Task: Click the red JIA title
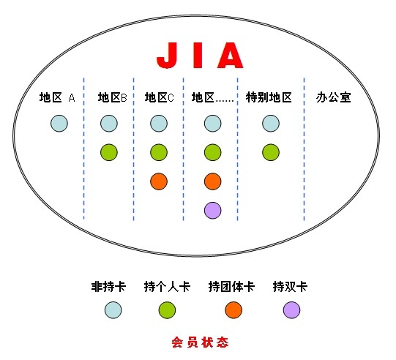pos(200,56)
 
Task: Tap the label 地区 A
pos(57,97)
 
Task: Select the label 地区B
pos(113,97)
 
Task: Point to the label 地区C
pos(160,97)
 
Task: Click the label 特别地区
pos(269,97)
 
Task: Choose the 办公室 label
pos(333,97)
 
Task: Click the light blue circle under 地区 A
pos(59,124)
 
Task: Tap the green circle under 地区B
pos(109,152)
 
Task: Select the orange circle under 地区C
pos(159,181)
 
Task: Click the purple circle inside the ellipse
pos(213,210)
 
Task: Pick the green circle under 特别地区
pos(271,152)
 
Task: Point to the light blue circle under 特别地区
pos(271,124)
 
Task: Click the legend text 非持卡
pos(108,287)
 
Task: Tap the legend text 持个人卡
pos(167,287)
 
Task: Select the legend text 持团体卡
pos(231,287)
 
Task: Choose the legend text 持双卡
pos(290,287)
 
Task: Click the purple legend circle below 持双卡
pos(292,310)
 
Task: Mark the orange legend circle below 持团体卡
pos(234,310)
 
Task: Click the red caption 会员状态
pos(200,342)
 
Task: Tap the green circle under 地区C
pos(159,152)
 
